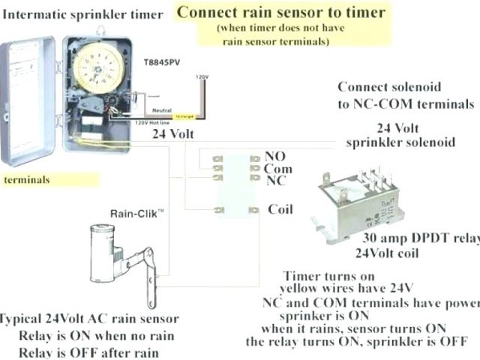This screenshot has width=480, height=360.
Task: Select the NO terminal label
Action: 275,157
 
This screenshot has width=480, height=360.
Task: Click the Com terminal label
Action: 279,169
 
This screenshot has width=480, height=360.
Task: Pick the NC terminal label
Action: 275,181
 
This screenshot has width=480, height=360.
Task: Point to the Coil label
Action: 280,209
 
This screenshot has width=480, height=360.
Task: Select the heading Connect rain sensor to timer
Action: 281,12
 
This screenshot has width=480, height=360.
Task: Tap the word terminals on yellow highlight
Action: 27,180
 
